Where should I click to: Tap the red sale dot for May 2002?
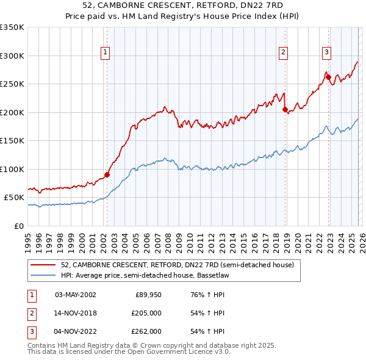[x=107, y=175]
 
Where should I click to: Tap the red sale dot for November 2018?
[x=285, y=110]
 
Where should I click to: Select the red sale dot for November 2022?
[x=328, y=77]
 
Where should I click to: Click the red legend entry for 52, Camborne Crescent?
[x=178, y=265]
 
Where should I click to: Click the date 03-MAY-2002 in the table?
[x=76, y=295]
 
